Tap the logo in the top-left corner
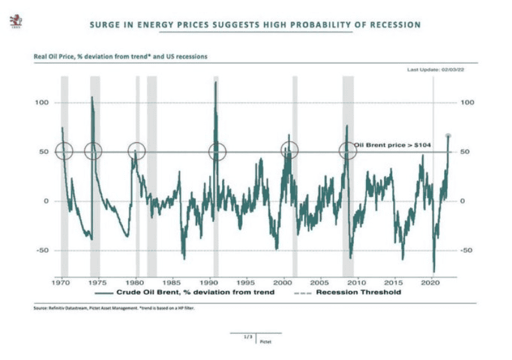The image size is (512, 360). pos(15,23)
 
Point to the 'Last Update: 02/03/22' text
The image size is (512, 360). pos(433,69)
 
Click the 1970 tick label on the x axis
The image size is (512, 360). pos(62,281)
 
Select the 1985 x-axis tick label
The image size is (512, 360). pos(172,281)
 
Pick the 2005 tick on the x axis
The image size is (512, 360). pos(320,281)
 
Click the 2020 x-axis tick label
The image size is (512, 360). pos(431,281)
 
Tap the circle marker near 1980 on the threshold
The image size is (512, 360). pos(136,152)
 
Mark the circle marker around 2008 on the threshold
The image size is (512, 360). pos(348,152)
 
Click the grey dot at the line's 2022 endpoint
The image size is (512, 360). pos(448,136)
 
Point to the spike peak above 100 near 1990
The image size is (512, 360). pos(216,83)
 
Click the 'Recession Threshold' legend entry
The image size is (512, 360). pos(349,292)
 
